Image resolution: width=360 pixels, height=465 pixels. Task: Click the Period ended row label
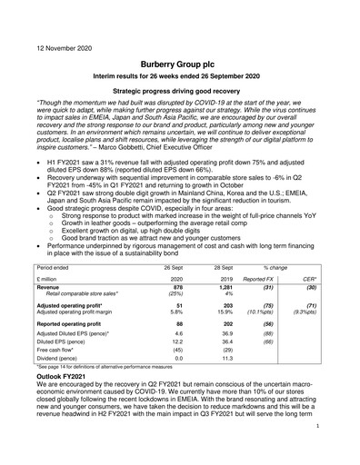(x=57, y=270)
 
